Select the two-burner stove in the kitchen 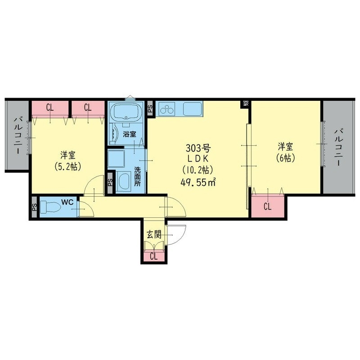point(166,109)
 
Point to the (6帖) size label point(286,158)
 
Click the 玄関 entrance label point(153,234)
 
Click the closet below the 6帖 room point(267,207)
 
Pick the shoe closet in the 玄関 point(153,256)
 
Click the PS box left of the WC point(34,208)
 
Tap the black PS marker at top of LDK point(246,104)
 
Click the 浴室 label point(130,134)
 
